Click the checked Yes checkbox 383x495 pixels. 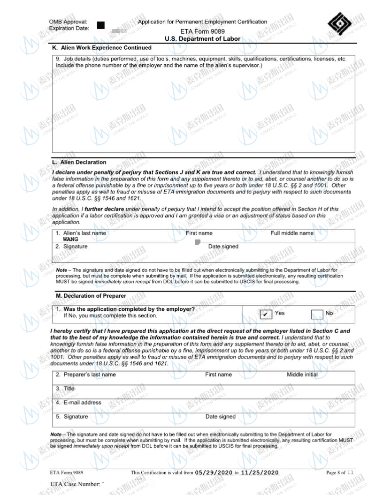(266, 314)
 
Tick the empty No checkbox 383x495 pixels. (317, 314)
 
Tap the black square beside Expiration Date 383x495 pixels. (100, 25)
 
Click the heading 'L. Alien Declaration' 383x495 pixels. (79, 162)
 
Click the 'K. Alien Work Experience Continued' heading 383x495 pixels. (102, 48)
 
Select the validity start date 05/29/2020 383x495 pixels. (214, 472)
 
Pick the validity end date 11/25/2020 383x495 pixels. (260, 472)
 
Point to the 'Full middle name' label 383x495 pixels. (291, 233)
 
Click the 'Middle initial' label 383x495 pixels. (302, 375)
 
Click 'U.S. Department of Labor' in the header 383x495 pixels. (202, 39)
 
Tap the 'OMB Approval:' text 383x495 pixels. (68, 22)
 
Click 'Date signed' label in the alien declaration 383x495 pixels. (223, 247)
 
